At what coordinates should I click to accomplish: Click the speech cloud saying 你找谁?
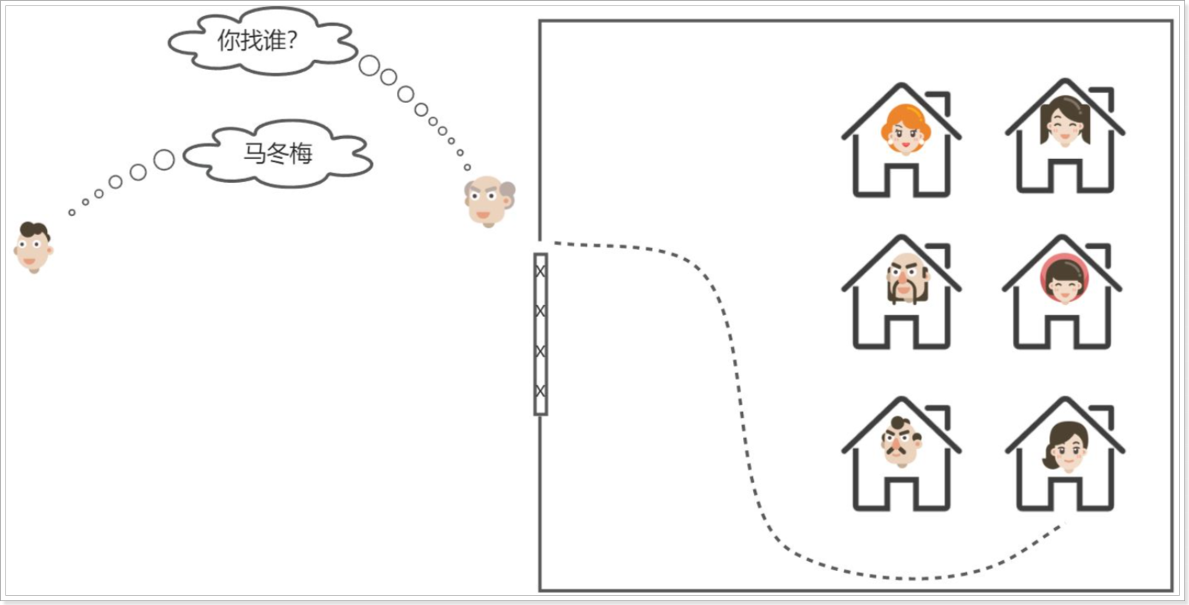(x=258, y=41)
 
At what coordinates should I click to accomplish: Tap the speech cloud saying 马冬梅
(x=278, y=154)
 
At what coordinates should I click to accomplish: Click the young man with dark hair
(x=33, y=247)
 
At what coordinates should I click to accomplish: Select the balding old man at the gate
(x=488, y=201)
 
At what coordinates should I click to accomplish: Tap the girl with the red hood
(x=1062, y=281)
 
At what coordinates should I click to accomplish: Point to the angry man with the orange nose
(x=899, y=442)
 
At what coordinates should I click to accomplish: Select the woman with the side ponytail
(x=1066, y=447)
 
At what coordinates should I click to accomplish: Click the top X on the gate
(x=541, y=271)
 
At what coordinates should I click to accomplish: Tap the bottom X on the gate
(x=541, y=391)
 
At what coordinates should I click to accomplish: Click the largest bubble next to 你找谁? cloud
(x=369, y=66)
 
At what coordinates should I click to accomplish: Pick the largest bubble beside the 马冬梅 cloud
(x=164, y=160)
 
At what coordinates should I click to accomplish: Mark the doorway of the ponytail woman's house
(x=1065, y=494)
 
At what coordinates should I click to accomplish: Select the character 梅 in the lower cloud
(x=301, y=154)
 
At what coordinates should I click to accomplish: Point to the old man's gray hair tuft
(x=507, y=190)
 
